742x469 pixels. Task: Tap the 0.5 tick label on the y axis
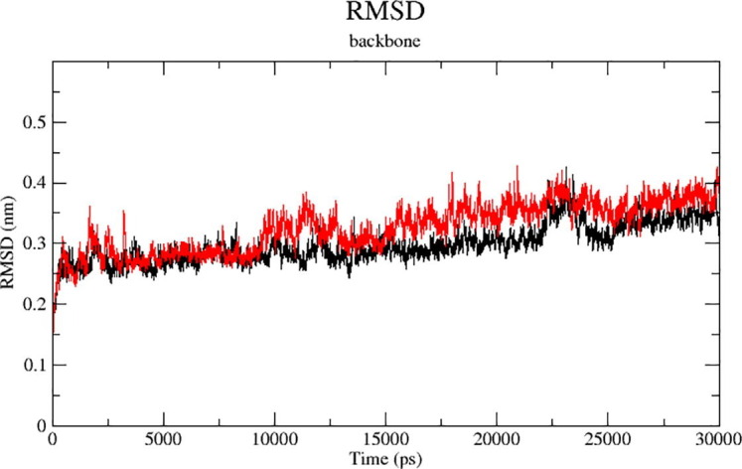pyautogui.click(x=33, y=122)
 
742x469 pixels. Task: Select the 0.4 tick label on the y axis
pyautogui.click(x=33, y=183)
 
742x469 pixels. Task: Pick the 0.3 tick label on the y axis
pyautogui.click(x=33, y=243)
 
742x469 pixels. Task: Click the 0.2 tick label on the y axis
pyautogui.click(x=33, y=304)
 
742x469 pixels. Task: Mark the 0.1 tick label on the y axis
pyautogui.click(x=33, y=365)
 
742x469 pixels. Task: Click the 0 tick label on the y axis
pyautogui.click(x=40, y=425)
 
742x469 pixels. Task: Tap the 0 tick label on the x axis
pyautogui.click(x=53, y=440)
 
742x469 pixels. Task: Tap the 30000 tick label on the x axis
pyautogui.click(x=717, y=440)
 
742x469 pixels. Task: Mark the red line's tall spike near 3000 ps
pyautogui.click(x=124, y=212)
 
